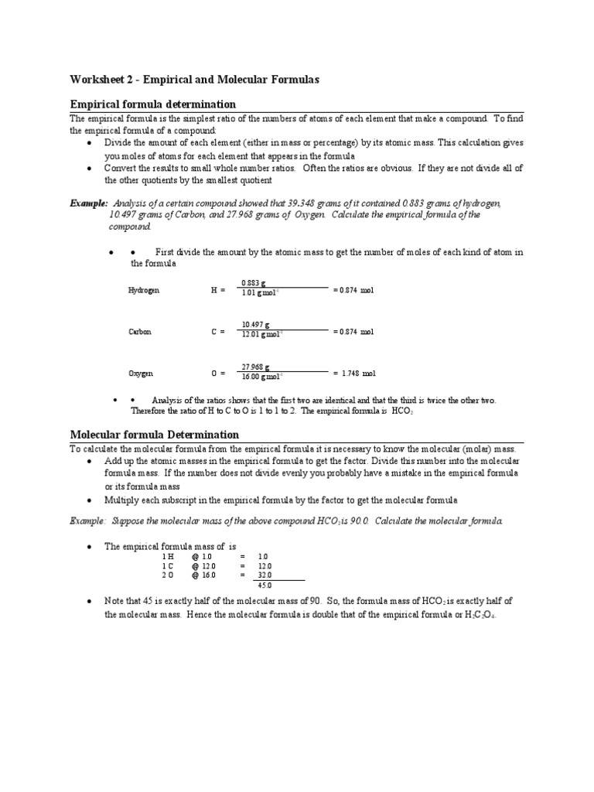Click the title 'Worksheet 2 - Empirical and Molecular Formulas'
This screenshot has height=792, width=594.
(x=194, y=80)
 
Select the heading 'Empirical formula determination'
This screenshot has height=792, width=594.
(x=153, y=104)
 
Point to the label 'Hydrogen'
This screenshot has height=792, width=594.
(x=142, y=290)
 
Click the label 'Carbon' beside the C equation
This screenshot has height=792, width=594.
(x=139, y=332)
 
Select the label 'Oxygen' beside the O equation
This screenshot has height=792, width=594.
(x=140, y=374)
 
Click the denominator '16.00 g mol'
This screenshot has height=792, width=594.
(x=262, y=377)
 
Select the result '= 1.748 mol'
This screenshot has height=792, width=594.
(x=354, y=374)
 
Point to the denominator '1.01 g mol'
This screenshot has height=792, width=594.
(x=261, y=294)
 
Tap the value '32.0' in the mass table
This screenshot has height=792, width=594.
(x=265, y=575)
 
